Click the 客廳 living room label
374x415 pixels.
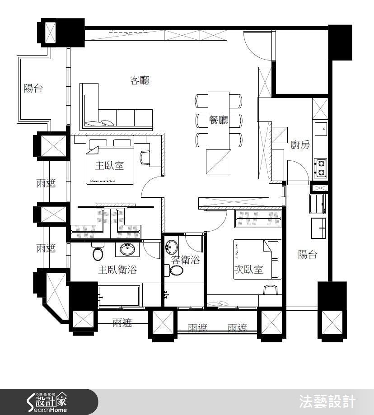click(x=140, y=81)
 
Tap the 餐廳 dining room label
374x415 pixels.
click(x=219, y=120)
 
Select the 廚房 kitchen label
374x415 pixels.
click(x=300, y=145)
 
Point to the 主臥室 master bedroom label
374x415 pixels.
click(x=109, y=166)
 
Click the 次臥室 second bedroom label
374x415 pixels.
click(x=248, y=270)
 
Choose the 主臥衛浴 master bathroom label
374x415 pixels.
click(x=117, y=270)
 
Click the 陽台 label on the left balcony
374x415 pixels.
click(x=33, y=89)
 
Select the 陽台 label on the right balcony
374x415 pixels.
click(x=307, y=254)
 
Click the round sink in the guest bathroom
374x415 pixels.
click(x=172, y=247)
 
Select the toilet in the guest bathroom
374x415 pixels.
click(x=176, y=270)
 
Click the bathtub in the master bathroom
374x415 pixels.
click(x=120, y=295)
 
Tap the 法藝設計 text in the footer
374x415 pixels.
click(x=327, y=401)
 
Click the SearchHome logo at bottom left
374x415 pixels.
click(x=47, y=401)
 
